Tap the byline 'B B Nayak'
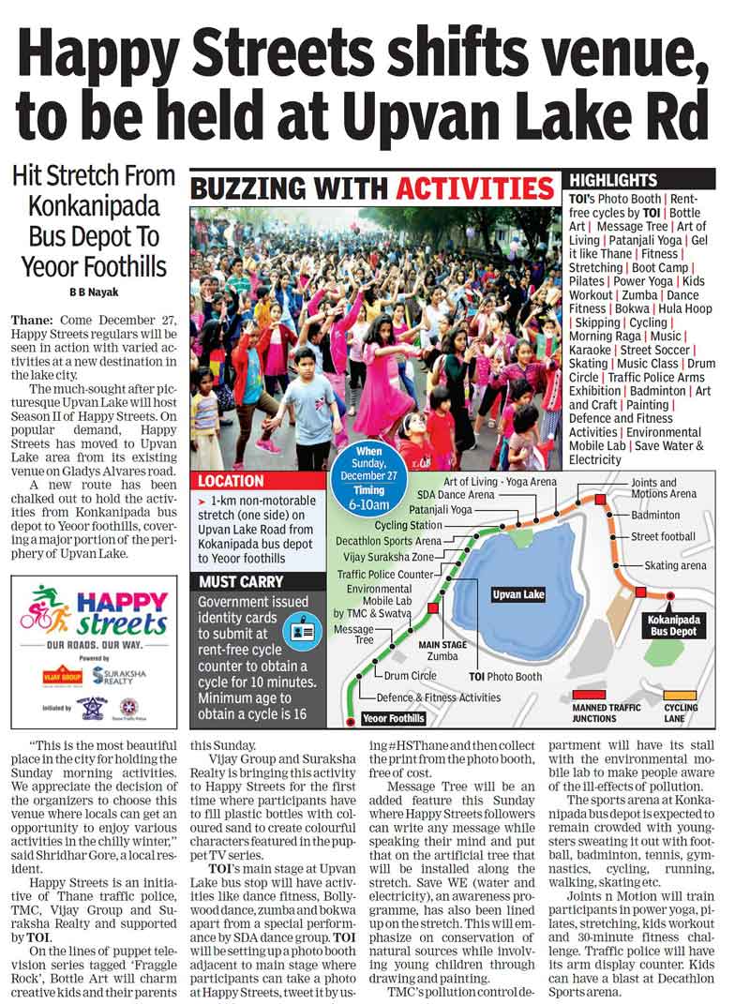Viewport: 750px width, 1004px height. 93,292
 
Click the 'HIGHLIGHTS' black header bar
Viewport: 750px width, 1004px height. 640,179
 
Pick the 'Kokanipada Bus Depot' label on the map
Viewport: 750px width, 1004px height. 671,626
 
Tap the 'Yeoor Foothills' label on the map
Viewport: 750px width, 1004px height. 394,718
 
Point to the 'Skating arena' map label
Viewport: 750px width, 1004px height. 675,566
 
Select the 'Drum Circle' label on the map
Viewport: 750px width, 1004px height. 411,675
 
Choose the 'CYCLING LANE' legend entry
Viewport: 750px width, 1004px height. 682,713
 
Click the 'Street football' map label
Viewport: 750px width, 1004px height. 663,536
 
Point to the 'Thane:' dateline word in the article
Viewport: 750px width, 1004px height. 31,318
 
